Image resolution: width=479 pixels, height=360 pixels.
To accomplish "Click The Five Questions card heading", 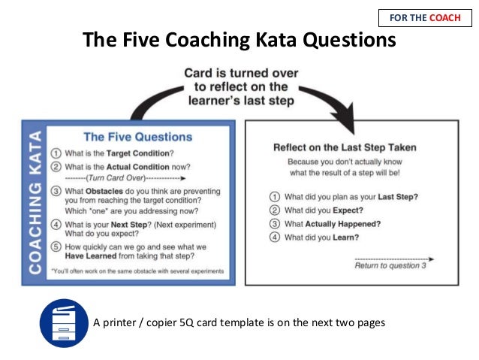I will click(137, 137).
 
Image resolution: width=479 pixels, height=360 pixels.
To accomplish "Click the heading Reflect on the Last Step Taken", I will click(345, 147).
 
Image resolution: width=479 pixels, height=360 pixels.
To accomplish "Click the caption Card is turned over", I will click(242, 74).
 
